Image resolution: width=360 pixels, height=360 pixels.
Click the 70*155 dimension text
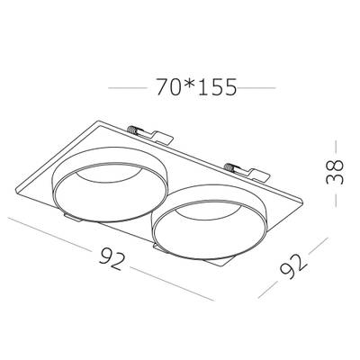pyautogui.click(x=197, y=87)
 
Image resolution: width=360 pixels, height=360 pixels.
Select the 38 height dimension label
pyautogui.click(x=335, y=172)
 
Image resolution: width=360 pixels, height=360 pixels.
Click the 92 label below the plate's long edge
pyautogui.click(x=112, y=258)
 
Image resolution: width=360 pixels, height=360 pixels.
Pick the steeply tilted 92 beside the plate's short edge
pyautogui.click(x=292, y=266)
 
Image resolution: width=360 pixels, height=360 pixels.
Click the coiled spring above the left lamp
pyautogui.click(x=132, y=130)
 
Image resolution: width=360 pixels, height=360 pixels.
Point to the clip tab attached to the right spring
pyautogui.click(x=258, y=175)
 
